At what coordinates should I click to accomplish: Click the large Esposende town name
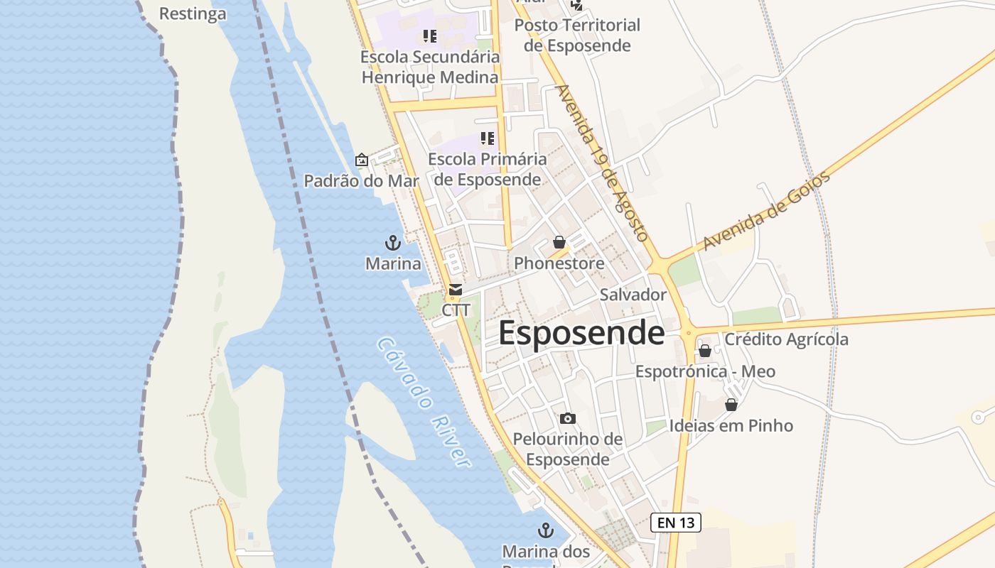click(581, 333)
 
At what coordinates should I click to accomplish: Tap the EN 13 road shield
click(676, 523)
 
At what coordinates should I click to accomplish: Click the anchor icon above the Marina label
click(393, 244)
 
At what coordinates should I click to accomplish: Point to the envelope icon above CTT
click(456, 290)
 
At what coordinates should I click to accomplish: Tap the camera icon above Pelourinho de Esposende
click(567, 418)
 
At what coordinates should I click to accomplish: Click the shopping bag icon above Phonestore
click(559, 242)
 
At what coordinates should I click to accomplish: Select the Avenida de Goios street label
click(766, 211)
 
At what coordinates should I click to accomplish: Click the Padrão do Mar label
click(361, 181)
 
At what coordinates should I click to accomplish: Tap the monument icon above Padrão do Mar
click(361, 160)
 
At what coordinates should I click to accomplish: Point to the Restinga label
click(193, 13)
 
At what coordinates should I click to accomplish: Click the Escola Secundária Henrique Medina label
click(430, 67)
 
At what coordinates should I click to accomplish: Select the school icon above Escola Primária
click(487, 138)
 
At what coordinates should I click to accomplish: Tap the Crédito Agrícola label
click(786, 339)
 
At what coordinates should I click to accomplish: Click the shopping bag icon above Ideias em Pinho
click(731, 405)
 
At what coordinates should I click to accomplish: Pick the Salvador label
click(633, 295)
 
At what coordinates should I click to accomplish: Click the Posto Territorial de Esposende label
click(577, 35)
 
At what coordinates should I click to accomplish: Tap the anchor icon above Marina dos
click(545, 530)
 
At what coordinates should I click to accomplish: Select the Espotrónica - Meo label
click(705, 371)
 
